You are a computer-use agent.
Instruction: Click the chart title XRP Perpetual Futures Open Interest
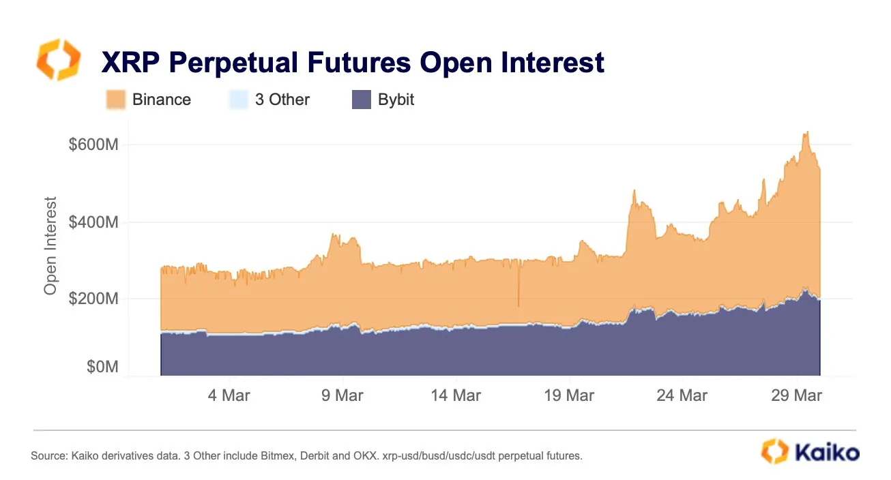353,63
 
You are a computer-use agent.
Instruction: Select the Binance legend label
161,100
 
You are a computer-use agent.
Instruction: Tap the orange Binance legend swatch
115,100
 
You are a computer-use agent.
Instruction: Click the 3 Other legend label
282,100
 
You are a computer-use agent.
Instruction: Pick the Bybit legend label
396,100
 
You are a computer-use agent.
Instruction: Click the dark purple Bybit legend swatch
361,100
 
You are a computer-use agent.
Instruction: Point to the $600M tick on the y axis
93,145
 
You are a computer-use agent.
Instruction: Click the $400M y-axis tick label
93,222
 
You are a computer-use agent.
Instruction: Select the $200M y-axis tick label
93,299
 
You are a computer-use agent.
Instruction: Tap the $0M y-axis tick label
102,367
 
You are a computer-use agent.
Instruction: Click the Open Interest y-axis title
50,245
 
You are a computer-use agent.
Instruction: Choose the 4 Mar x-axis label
229,395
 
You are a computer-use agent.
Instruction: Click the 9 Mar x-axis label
342,395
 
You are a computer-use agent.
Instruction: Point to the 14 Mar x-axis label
456,395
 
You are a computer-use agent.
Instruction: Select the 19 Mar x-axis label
570,395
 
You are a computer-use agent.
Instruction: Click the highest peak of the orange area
806,132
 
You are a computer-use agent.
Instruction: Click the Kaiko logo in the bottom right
810,451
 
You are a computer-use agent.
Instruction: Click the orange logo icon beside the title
58,59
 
